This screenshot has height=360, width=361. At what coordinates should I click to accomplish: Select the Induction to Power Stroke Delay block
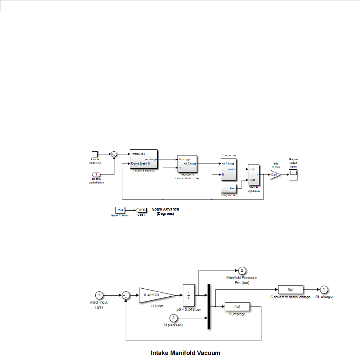pos(187,164)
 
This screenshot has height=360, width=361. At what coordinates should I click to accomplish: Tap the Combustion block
pos(228,169)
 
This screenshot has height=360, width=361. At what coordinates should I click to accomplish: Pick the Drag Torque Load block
pos(229,188)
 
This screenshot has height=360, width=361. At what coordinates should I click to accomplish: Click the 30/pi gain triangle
pos(274,175)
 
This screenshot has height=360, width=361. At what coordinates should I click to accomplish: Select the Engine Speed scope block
pos(293,175)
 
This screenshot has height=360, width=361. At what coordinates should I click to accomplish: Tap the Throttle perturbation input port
pos(96,175)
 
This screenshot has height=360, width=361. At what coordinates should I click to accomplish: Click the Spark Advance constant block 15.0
pos(120,210)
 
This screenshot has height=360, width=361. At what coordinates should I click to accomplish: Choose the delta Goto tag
pos(141,210)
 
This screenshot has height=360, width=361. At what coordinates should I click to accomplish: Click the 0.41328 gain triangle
pos(154,295)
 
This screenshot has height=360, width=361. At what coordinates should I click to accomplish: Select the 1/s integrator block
pos(188,295)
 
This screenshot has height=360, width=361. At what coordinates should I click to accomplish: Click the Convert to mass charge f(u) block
pos(291,289)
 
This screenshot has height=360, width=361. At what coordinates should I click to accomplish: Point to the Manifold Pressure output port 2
pos(242,271)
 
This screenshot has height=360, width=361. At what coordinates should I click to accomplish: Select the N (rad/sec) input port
pos(174,318)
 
